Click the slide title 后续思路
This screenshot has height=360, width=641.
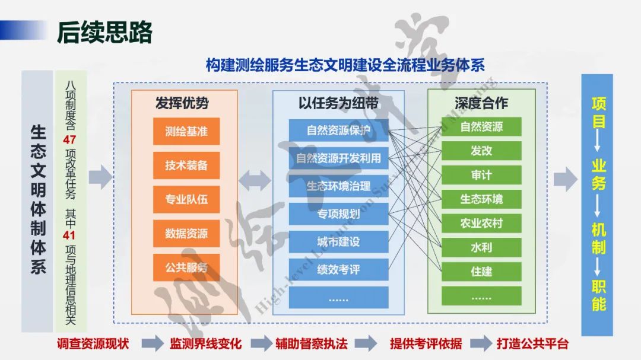click(104, 32)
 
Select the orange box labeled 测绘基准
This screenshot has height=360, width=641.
click(186, 131)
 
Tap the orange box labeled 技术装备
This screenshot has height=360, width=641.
click(186, 165)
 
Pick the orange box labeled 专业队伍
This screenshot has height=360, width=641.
click(186, 199)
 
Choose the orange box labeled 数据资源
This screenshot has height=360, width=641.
click(186, 233)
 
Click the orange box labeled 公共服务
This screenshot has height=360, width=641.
click(186, 267)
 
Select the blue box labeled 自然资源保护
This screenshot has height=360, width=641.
click(338, 130)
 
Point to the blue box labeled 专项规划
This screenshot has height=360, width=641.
click(338, 214)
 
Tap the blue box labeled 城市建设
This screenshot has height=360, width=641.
click(338, 241)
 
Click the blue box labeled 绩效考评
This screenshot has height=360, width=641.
click(338, 269)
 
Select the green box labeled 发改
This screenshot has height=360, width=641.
click(481, 151)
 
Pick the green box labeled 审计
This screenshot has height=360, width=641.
click(481, 175)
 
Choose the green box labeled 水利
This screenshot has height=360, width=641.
click(481, 247)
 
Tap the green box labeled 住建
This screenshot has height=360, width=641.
click(481, 272)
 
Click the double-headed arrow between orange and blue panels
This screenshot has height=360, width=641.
click(255, 177)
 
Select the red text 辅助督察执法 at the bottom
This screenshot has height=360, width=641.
click(311, 343)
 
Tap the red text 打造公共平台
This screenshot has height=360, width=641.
click(532, 343)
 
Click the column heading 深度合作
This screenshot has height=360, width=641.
click(481, 103)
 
